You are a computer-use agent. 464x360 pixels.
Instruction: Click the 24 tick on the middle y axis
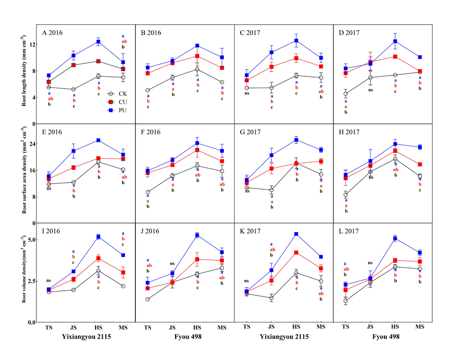(31, 145)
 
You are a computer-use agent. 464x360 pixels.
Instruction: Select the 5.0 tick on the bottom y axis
(30, 240)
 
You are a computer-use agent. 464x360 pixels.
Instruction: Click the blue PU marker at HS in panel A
(98, 41)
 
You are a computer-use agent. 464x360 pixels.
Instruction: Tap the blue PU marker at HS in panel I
(98, 236)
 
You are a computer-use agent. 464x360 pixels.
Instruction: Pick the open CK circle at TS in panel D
(345, 94)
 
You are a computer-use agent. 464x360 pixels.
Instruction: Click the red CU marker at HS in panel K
(296, 253)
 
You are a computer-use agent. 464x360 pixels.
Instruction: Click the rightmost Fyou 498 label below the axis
(382, 339)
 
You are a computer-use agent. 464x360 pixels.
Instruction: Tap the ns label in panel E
(48, 188)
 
